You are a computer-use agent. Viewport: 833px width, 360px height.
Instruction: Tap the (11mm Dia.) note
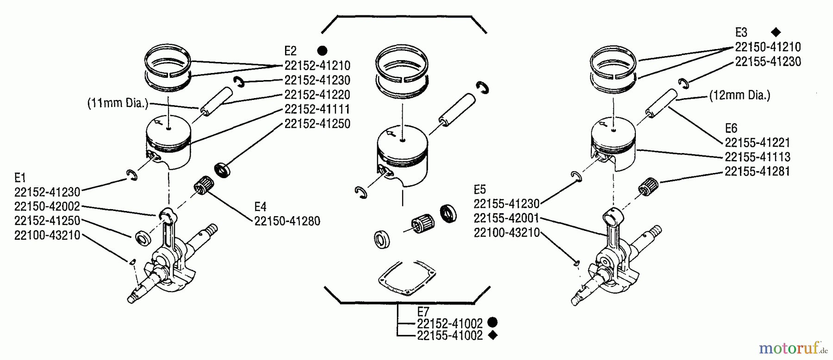118,103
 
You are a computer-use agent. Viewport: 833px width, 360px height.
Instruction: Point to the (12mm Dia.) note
740,95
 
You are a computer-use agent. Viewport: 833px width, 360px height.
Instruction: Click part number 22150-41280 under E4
287,221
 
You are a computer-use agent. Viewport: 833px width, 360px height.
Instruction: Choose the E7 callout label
423,311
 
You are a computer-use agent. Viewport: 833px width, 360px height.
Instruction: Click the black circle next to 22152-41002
493,323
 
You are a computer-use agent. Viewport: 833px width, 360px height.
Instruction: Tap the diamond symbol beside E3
776,32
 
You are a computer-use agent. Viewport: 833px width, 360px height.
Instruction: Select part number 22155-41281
757,172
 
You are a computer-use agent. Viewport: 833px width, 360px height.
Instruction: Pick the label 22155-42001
507,218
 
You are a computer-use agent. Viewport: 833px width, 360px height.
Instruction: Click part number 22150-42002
47,206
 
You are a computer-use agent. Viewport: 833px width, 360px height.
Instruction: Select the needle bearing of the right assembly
648,187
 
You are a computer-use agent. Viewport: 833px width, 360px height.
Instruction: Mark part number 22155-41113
757,157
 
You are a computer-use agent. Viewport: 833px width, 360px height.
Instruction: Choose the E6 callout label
731,128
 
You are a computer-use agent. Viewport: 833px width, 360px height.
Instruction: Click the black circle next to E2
323,51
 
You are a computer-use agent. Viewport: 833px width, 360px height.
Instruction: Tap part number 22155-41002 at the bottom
449,336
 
